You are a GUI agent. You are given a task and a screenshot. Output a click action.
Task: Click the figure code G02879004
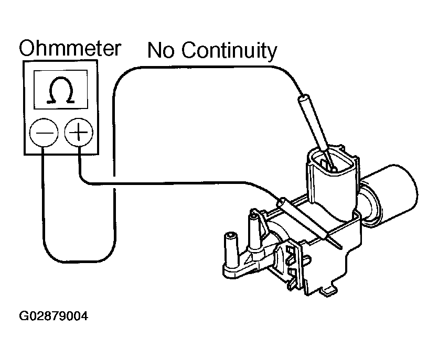[54, 317]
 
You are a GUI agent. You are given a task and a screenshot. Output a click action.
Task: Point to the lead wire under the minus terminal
[43, 199]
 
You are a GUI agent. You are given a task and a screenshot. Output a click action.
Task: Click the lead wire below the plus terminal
[80, 162]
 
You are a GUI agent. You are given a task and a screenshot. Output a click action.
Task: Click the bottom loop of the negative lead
[79, 259]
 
